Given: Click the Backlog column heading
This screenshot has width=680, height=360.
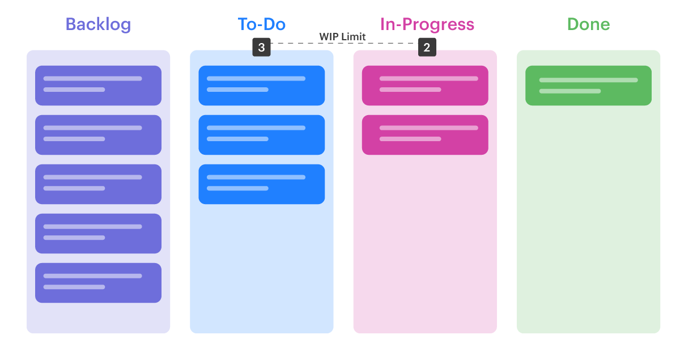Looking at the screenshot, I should (x=98, y=24).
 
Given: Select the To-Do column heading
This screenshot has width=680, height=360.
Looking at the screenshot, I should (x=261, y=24).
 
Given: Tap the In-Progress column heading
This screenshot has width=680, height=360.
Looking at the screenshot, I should (x=427, y=24).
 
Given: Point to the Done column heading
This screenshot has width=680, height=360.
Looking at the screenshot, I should (x=588, y=24).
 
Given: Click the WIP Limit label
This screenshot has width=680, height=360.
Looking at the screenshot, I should (x=342, y=37).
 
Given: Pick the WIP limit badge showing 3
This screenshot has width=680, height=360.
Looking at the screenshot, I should (x=261, y=48).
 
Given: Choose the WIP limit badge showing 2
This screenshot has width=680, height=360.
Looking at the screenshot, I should (x=427, y=48).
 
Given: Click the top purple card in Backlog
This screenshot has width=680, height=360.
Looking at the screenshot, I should (x=98, y=86).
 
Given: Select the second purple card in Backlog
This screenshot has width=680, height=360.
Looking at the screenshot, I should (x=98, y=135).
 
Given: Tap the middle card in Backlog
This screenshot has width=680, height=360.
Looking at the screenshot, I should (x=98, y=184).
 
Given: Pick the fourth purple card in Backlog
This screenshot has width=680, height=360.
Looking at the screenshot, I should (x=98, y=234).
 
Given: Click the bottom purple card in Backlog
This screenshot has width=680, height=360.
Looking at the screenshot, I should (x=98, y=283).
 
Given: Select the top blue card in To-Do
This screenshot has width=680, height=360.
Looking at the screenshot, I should (x=261, y=86).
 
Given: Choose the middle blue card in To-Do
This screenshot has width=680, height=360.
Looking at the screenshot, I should (x=261, y=135).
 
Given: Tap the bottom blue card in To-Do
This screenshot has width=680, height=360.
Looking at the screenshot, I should (x=261, y=184).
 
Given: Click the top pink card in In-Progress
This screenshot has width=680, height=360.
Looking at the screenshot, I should (x=425, y=86).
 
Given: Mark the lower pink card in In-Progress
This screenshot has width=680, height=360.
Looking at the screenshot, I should (x=425, y=135).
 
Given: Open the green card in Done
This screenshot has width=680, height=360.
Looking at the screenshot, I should (x=588, y=86).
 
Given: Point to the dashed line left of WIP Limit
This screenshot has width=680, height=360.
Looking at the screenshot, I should (x=294, y=43).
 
